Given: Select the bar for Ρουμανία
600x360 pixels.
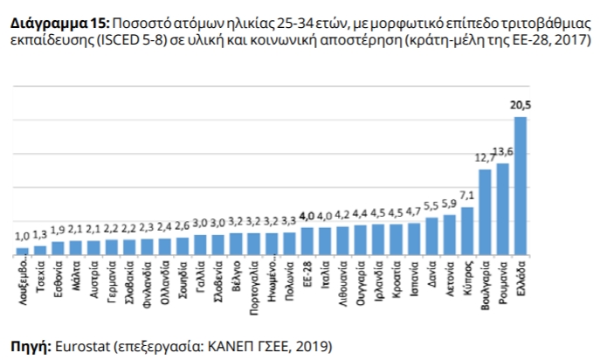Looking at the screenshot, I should [502, 209].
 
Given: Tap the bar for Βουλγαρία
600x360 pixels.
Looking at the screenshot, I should [485, 212].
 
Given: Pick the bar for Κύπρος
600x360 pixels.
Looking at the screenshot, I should [466, 231].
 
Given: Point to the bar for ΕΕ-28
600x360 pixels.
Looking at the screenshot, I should [307, 242].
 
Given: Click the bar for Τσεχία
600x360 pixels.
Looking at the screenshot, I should [40, 250].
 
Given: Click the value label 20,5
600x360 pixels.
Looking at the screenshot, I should [521, 105].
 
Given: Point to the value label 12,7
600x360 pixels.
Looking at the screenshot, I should [484, 158].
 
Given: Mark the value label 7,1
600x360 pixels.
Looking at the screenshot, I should [466, 195].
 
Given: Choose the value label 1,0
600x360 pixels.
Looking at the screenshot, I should [22, 236].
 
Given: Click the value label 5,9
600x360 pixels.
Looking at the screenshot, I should [449, 203].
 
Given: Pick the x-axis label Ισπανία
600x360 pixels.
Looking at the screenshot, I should [414, 278].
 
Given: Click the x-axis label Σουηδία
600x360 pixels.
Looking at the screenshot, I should [183, 279].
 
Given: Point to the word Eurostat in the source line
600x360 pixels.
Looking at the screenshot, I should [84, 345].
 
